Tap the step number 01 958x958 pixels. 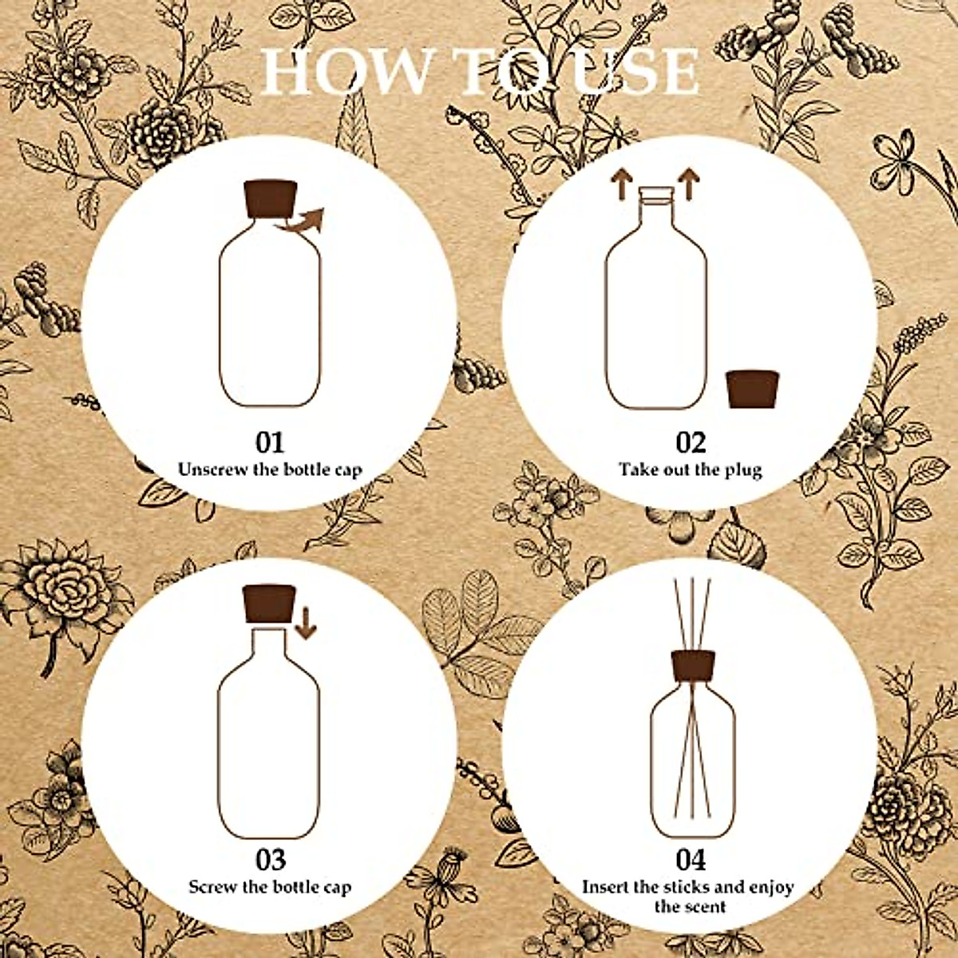pos(270,442)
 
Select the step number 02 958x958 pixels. pos(691,442)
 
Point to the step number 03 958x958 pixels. pos(270,860)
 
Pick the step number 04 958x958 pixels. pos(691,860)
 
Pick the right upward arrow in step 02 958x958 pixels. pos(687,183)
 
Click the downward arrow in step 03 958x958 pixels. pos(305,622)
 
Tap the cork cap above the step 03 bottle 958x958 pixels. pos(269,604)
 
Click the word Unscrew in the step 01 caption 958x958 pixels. pos(212,469)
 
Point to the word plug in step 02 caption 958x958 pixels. pos(742,469)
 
